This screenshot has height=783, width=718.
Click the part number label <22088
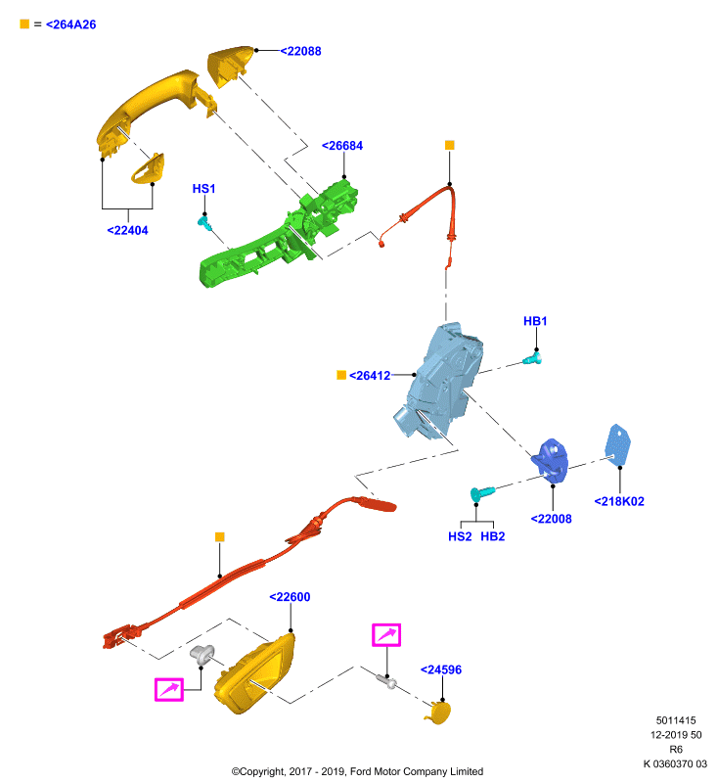click(300, 51)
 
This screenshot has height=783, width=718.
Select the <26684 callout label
click(342, 146)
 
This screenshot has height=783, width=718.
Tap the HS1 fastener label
click(203, 189)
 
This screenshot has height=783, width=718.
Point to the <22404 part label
click(128, 231)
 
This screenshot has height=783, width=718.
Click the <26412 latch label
click(370, 376)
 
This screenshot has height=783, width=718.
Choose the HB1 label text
click(535, 321)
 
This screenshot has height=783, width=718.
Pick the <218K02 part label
click(619, 501)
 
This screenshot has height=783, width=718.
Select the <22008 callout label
click(552, 519)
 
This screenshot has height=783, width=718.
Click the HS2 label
click(460, 536)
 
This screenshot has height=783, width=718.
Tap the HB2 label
click(493, 536)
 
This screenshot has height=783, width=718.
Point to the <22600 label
click(290, 597)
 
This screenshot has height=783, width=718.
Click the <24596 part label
click(441, 670)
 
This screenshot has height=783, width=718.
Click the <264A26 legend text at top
click(70, 24)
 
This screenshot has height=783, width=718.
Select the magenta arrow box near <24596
click(386, 635)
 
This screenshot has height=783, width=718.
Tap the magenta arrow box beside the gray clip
click(169, 690)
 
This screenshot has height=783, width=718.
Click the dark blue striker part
click(551, 460)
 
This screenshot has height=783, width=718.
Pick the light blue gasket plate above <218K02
click(617, 444)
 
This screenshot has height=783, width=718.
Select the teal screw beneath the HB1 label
click(532, 359)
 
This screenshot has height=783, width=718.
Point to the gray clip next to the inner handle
click(202, 655)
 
